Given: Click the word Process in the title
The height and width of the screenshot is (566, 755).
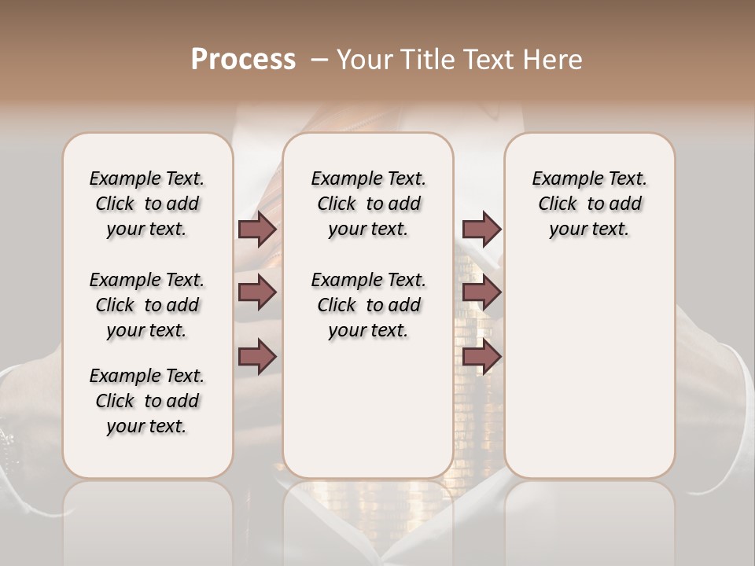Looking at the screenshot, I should [243, 60].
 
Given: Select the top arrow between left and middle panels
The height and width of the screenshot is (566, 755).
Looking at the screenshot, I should [257, 229].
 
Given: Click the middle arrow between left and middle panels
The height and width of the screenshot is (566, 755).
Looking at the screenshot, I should [257, 292].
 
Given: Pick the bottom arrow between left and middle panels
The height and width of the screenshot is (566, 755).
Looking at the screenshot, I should [257, 357].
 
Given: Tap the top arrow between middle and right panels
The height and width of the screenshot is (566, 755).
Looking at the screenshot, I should [481, 229].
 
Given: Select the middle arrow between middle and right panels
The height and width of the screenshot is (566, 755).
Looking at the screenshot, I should [481, 292].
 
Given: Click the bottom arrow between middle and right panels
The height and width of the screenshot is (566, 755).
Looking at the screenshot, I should [481, 357].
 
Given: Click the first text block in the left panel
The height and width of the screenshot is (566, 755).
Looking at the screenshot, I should [147, 204].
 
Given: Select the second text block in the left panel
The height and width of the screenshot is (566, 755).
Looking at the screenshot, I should [147, 305].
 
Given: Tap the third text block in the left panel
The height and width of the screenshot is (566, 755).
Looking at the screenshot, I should [147, 401].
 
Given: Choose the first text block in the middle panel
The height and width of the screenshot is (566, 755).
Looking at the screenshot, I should [368, 204].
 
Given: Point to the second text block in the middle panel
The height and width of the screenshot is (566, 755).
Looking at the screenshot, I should [368, 305].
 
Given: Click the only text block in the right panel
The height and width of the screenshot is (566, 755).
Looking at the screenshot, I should [589, 204].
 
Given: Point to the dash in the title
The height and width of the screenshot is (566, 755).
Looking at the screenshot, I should [319, 60].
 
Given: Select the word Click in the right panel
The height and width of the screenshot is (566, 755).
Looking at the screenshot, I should [558, 204].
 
